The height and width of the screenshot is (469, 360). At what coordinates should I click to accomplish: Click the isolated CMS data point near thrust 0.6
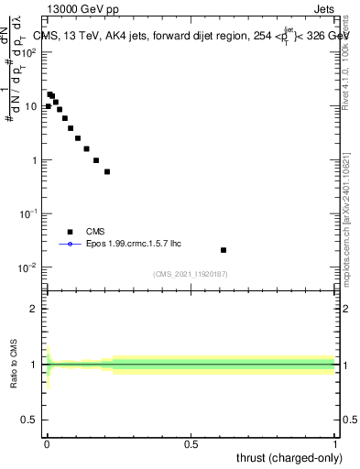coord(224,250)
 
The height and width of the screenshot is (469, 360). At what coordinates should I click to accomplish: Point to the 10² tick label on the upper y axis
coord(28,52)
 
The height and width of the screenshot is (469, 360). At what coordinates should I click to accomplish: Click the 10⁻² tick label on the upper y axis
coord(28,267)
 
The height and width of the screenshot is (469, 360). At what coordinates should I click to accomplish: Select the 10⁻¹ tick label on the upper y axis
coord(28,213)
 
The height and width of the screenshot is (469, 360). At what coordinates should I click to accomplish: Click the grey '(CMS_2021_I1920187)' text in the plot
coord(191,274)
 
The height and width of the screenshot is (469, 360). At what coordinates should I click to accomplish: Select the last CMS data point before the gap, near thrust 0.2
coord(107,171)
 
